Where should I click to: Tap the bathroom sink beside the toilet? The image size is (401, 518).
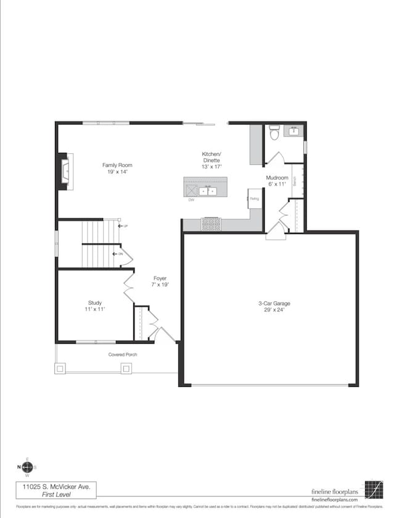[x=294, y=131]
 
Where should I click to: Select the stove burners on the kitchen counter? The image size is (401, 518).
[x=211, y=224]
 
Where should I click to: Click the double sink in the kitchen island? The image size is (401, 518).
[x=211, y=191]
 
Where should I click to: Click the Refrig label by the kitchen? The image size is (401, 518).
[x=254, y=198]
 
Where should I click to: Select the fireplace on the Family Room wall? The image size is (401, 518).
[x=65, y=171]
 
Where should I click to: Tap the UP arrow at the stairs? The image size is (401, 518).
[x=123, y=226]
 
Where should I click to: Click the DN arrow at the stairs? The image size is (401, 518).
[x=118, y=254]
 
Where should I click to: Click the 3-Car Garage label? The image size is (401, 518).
[x=274, y=303]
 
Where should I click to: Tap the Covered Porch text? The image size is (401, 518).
[x=123, y=355]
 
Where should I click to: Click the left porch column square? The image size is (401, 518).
[x=60, y=368]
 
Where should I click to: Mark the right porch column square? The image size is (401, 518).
[x=126, y=368]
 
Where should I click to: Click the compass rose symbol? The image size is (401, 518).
[x=26, y=467]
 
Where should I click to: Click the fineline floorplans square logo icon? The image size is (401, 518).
[x=373, y=490]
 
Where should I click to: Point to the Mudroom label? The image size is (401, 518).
[x=277, y=177]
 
